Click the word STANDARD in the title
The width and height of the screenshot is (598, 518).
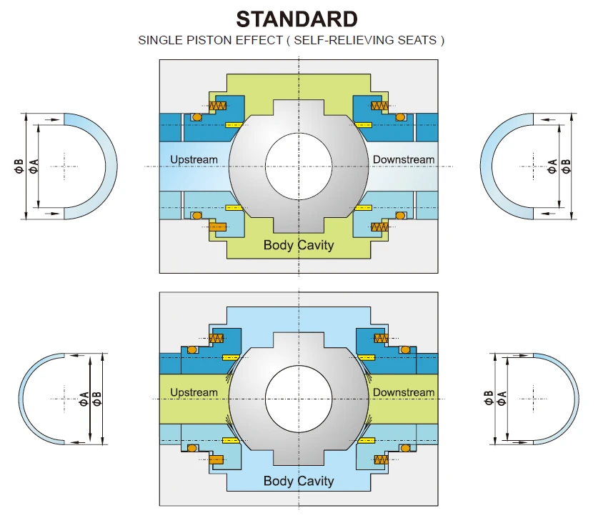296,18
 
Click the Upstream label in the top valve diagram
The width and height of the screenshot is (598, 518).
194,159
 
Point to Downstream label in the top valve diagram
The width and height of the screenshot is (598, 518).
404,159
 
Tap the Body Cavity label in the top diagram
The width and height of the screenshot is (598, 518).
299,245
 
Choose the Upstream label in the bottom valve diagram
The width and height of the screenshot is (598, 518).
194,392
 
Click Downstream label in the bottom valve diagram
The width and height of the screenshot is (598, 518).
404,392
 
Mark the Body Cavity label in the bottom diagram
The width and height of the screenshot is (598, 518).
299,480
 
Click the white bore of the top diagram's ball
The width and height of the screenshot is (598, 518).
299,166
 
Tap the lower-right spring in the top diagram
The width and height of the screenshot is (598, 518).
379,227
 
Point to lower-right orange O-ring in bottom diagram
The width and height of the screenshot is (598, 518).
404,448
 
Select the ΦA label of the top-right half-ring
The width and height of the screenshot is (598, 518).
552,166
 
